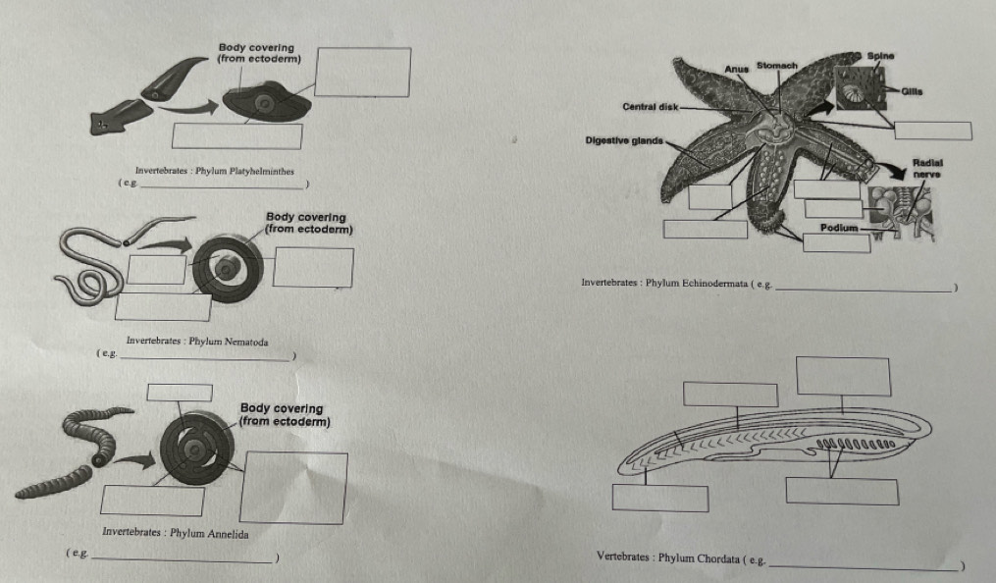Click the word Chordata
tap(717, 558)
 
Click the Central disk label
tap(651, 107)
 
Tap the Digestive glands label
tap(624, 140)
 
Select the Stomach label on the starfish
tap(777, 66)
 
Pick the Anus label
tap(737, 69)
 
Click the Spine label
tap(880, 56)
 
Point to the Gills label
tap(912, 91)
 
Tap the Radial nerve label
tap(927, 168)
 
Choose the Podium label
tap(838, 228)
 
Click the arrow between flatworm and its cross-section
tap(188, 109)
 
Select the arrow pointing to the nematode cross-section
tap(165, 244)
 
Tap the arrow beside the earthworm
tap(134, 460)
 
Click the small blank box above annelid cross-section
tap(180, 393)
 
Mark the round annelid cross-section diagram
tap(196, 448)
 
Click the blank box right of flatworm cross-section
tap(363, 73)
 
